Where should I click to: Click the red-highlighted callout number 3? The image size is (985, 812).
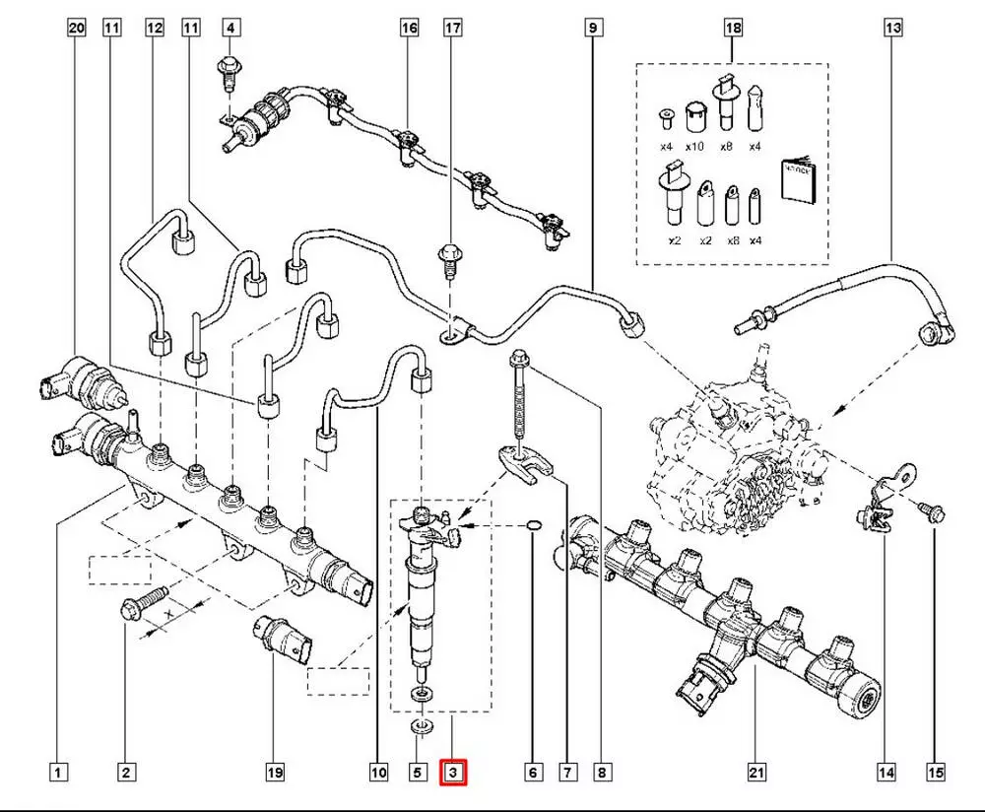point(453,774)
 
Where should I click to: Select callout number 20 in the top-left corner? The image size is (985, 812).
point(77,29)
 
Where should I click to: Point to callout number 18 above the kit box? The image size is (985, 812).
point(733,29)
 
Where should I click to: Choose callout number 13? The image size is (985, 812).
point(892,29)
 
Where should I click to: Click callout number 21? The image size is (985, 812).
point(755,774)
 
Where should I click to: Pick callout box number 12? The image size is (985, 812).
point(154,29)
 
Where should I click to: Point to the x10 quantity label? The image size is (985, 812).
point(695,147)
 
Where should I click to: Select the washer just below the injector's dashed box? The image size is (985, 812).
point(421,728)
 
